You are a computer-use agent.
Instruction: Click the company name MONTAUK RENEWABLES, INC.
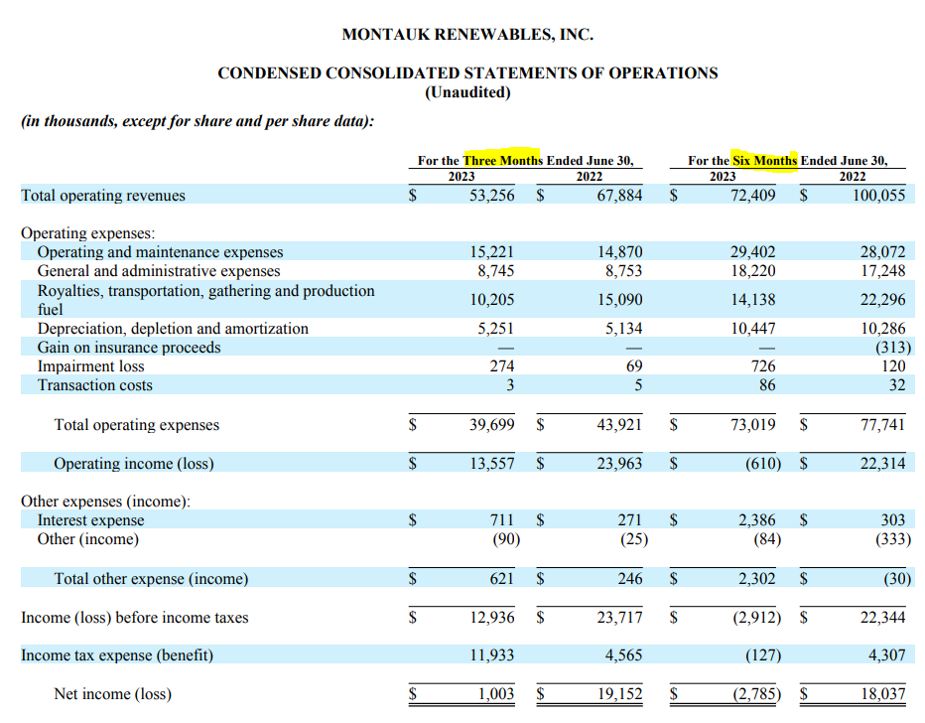[x=467, y=34]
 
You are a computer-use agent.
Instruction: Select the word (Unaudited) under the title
[x=467, y=92]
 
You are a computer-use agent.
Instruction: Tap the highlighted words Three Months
[x=502, y=160]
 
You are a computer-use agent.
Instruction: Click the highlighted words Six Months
[x=764, y=160]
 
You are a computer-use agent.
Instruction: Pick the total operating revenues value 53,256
[x=492, y=195]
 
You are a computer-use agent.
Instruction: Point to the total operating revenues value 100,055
[x=879, y=195]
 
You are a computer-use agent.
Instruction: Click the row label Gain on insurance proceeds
[x=129, y=347]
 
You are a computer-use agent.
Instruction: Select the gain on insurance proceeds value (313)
[x=893, y=347]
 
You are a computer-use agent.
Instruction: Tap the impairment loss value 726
[x=763, y=365]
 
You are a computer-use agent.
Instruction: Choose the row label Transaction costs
[x=95, y=384]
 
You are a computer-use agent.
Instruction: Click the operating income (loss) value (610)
[x=763, y=464]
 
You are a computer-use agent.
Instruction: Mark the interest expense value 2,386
[x=757, y=520]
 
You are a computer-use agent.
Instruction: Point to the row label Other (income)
[x=88, y=539]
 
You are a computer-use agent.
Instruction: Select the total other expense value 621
[x=501, y=578]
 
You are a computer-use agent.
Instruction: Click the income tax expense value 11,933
[x=492, y=655]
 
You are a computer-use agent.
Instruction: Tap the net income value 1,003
[x=496, y=693]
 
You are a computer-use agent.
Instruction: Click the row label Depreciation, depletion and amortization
[x=173, y=328]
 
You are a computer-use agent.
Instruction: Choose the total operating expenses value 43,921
[x=619, y=424]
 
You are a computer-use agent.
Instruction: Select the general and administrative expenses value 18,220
[x=753, y=271]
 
